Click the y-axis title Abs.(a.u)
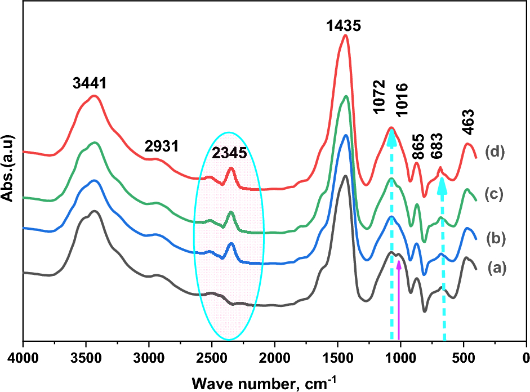(10, 169)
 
